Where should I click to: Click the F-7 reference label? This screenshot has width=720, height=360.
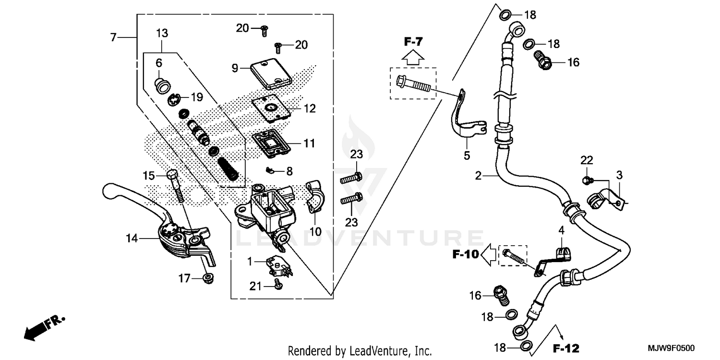click(x=413, y=42)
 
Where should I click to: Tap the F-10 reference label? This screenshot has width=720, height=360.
click(x=466, y=254)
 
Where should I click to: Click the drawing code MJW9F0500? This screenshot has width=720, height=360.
click(x=673, y=348)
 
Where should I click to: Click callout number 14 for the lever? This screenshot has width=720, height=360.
click(x=132, y=238)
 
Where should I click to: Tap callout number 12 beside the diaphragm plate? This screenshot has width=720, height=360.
click(x=310, y=109)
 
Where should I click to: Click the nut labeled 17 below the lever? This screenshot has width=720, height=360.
click(x=208, y=278)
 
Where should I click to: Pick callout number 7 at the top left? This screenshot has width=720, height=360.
click(x=113, y=37)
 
